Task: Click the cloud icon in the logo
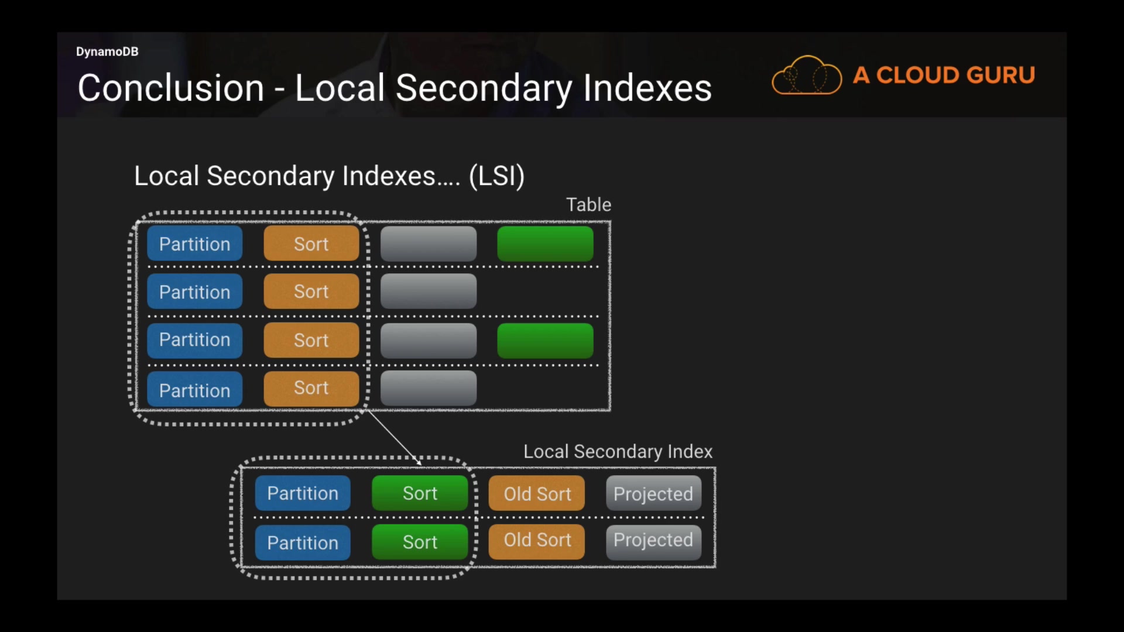[x=807, y=75]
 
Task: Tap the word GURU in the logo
[x=1000, y=75]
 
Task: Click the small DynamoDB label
[x=107, y=51]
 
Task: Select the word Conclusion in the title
[x=171, y=88]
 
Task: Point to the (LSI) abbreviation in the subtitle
[x=496, y=176]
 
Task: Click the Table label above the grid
[x=588, y=204]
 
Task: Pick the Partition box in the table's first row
[x=195, y=243]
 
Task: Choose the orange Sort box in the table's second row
[x=311, y=291]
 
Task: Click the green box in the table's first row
[x=545, y=243]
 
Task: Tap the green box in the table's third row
[x=545, y=341]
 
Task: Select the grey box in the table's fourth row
[x=429, y=388]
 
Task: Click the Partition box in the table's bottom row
[x=195, y=389]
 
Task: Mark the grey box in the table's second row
[x=429, y=291]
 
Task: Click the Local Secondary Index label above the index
[x=618, y=451]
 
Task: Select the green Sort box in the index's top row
[x=420, y=493]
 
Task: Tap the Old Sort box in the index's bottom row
[x=537, y=541]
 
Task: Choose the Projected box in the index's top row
[x=653, y=493]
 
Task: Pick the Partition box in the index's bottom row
[x=303, y=542]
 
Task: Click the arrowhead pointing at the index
[x=418, y=462]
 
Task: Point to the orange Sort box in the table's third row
[x=311, y=340]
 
